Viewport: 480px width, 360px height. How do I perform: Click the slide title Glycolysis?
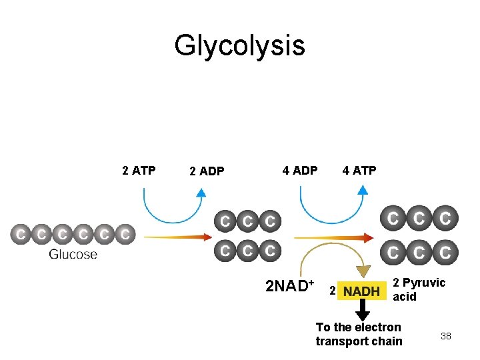point(239,46)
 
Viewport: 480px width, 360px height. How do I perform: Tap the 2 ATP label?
point(139,171)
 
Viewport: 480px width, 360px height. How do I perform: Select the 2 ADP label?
point(207,171)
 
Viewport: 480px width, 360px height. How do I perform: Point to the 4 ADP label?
point(300,171)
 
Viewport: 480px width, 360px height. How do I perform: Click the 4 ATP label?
point(359,171)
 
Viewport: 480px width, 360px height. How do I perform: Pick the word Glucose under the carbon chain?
point(73,254)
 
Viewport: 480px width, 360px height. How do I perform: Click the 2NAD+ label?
point(289,287)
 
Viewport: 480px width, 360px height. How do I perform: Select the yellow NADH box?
point(362,291)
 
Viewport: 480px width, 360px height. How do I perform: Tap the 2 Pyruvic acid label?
point(418,289)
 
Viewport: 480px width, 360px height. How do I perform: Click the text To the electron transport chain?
point(359,334)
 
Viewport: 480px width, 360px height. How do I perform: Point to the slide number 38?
point(446,336)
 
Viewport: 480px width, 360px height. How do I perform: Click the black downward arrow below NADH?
point(362,309)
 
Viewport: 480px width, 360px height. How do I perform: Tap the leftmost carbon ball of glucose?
point(21,235)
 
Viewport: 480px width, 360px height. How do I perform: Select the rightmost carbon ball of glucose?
point(125,235)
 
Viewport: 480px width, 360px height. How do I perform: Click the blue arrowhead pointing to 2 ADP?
point(201,193)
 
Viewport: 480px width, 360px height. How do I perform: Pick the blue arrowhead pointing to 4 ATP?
point(362,190)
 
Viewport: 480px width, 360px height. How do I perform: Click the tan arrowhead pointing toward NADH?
point(362,271)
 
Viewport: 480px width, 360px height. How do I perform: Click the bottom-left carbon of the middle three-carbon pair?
point(226,251)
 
